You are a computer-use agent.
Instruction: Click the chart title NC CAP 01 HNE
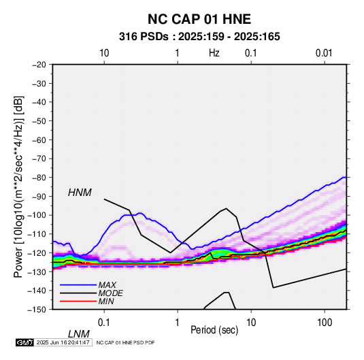tap(199, 19)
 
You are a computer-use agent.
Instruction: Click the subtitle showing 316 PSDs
tap(199, 37)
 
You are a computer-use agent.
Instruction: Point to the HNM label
tap(80, 193)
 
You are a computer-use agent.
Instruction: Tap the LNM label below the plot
tap(78, 334)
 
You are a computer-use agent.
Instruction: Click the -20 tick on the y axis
tap(39, 65)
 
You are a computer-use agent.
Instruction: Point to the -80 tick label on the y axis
tap(39, 178)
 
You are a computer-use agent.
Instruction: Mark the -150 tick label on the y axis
tap(37, 310)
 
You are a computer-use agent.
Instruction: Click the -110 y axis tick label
tap(37, 234)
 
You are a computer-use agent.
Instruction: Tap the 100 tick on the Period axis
tap(325, 323)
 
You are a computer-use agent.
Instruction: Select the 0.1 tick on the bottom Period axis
tap(104, 323)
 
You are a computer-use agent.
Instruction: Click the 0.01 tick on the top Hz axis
tap(324, 53)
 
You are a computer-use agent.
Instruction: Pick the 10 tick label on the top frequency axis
tap(104, 53)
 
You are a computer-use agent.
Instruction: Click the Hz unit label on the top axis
tap(214, 53)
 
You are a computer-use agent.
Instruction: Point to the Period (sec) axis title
tap(214, 330)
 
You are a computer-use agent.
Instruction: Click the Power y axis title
tap(18, 186)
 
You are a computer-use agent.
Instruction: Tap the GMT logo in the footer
tap(25, 342)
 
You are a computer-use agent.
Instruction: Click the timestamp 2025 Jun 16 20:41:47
tap(63, 342)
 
